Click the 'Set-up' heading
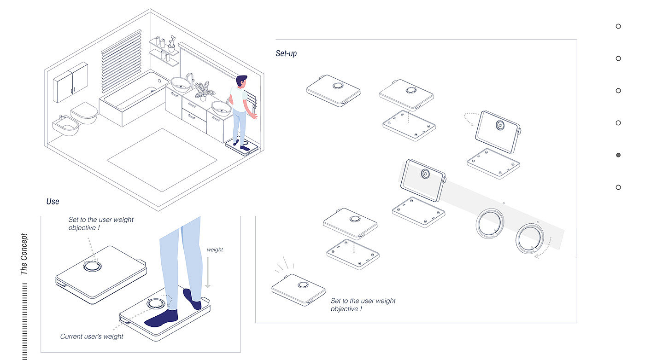pos(286,53)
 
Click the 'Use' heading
pos(53,202)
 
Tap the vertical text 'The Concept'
pos(24,255)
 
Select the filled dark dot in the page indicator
pos(618,155)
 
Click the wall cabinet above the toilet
pos(70,82)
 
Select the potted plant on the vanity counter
pos(203,90)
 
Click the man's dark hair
pos(241,81)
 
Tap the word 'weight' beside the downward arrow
pos(215,250)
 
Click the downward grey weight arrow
pos(208,272)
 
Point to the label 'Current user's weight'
pos(92,337)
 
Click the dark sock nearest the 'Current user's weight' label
pos(162,318)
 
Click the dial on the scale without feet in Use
pos(91,267)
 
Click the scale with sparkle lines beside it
pos(298,290)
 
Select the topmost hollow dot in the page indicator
pos(618,26)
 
